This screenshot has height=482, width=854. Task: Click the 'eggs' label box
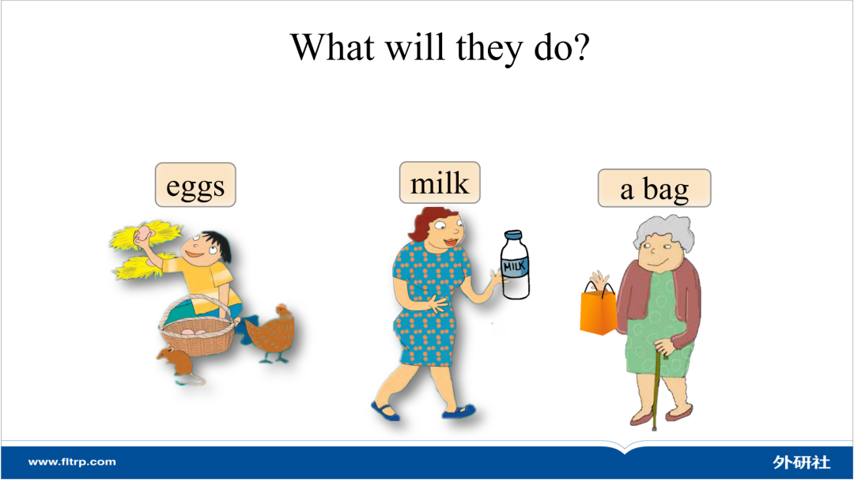[x=195, y=185]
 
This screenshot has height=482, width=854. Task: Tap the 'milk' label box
[x=440, y=183]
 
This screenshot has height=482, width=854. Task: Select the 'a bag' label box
[x=654, y=188]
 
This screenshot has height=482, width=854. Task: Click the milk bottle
[x=516, y=265]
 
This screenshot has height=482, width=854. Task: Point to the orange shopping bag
[x=598, y=310]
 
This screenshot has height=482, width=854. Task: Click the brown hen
[x=272, y=333]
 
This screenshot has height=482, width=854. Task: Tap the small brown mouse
[x=179, y=365]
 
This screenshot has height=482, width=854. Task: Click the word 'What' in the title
[x=332, y=47]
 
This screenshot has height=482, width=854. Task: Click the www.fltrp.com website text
[x=72, y=462]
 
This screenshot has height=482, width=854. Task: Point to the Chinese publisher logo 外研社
[x=801, y=462]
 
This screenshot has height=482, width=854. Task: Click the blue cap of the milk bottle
[x=514, y=235]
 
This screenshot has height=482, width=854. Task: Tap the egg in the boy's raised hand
[x=145, y=234]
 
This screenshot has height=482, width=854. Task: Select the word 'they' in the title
[x=489, y=49]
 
